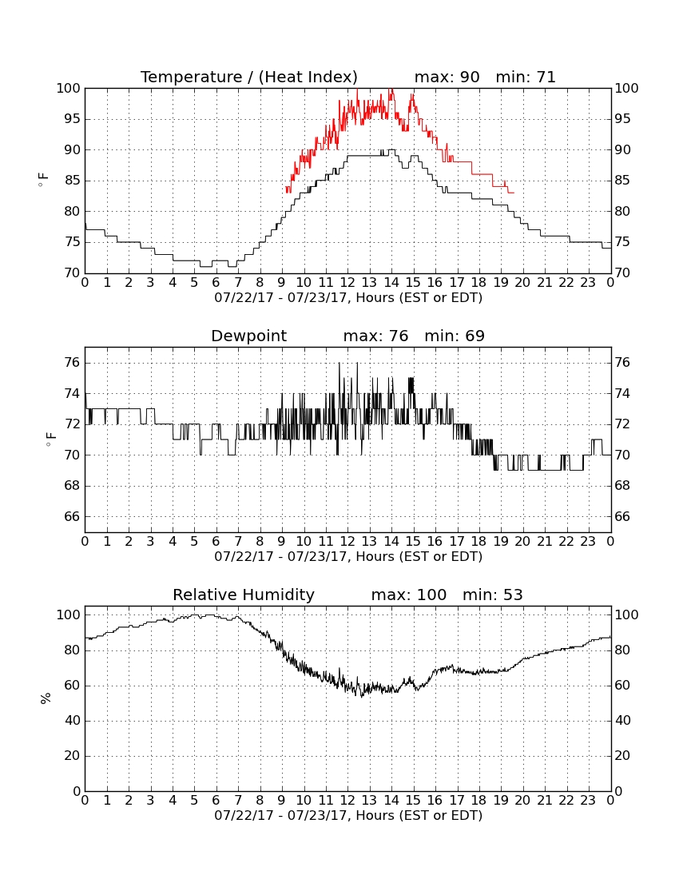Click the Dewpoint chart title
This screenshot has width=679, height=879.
coord(248,336)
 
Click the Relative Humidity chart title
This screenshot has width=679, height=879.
coord(244,595)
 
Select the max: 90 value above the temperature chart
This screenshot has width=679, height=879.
coord(447,77)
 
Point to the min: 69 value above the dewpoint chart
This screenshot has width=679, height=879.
coord(455,336)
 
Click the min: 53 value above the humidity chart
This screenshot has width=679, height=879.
coord(492,595)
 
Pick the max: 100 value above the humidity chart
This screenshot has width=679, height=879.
coord(409,595)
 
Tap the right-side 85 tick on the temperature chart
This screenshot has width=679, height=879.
coord(622,181)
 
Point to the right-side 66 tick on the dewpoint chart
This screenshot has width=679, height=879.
coord(622,516)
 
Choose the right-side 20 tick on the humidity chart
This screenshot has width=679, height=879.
coord(622,756)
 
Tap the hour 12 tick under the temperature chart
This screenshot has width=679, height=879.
coord(347,283)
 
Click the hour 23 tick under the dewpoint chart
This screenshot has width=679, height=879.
coord(588,542)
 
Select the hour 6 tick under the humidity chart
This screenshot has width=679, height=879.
coord(216,801)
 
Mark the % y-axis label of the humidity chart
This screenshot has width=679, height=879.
coord(46,698)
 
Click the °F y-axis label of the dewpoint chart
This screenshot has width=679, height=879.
coord(50,439)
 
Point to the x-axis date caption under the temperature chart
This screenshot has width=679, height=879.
coord(348,298)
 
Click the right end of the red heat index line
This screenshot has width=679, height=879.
coord(514,193)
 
